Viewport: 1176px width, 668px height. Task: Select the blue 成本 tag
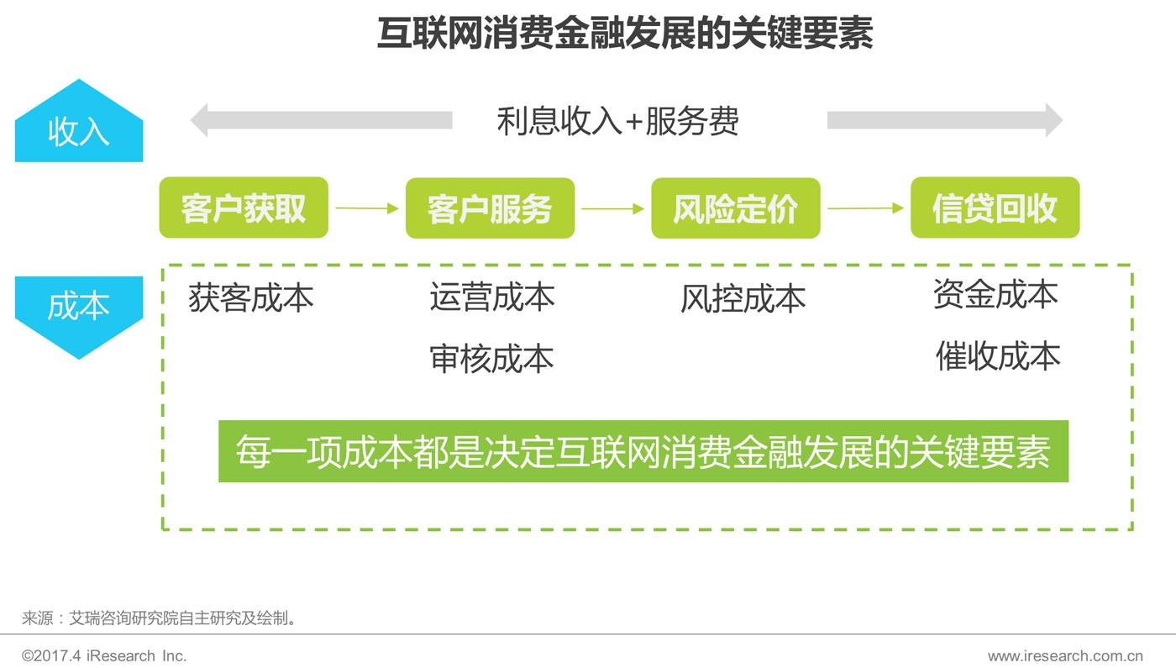pos(79,309)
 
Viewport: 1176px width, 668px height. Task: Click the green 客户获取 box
pos(244,208)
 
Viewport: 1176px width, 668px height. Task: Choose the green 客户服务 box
pos(490,208)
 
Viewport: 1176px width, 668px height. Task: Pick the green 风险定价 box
pos(735,208)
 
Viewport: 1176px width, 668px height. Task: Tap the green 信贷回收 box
pos(995,208)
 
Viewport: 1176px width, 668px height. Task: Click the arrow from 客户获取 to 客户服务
pos(367,208)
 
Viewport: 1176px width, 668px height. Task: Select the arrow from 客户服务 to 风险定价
pos(612,208)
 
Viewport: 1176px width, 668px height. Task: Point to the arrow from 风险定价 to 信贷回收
pos(865,208)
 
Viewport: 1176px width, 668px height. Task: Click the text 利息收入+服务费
pos(617,122)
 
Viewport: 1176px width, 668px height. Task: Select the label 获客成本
pos(250,297)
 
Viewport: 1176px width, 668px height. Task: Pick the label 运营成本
pos(492,297)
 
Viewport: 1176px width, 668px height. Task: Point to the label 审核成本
pos(492,358)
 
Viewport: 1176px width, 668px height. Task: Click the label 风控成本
pos(743,298)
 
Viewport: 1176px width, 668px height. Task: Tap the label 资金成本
pos(995,294)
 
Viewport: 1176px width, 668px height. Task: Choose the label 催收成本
pos(998,356)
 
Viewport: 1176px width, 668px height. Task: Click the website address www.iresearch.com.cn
pos(1065,655)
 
